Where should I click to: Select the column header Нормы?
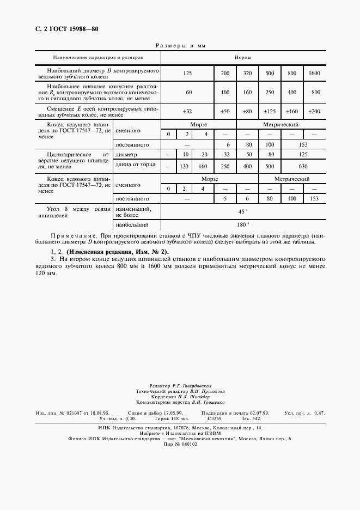(242, 57)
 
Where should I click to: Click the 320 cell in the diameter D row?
(247, 73)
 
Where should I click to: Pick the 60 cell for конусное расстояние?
(188, 92)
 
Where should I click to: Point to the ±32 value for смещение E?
(188, 111)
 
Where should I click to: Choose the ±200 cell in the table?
(314, 111)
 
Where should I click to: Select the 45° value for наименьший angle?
(242, 211)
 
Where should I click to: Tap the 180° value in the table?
(242, 224)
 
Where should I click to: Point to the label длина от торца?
(135, 165)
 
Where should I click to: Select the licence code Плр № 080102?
(180, 444)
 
